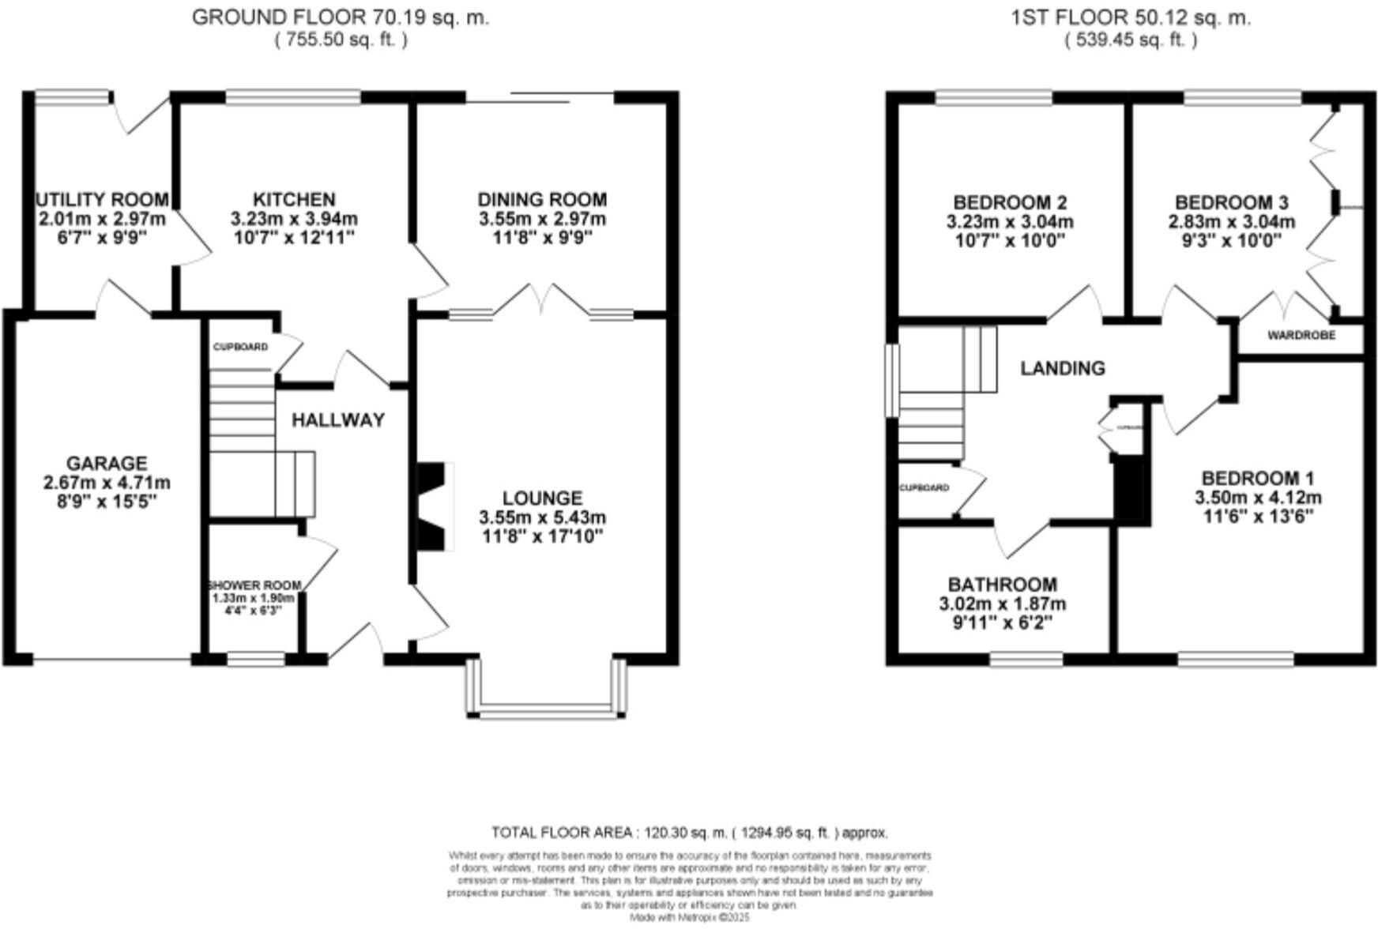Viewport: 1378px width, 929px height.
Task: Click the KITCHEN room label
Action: pos(293,200)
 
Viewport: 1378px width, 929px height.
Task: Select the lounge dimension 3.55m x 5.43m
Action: pos(542,518)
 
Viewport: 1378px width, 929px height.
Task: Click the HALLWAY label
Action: pos(338,420)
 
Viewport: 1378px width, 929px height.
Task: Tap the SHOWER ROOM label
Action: pos(254,585)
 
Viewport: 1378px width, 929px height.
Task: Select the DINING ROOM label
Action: pos(542,200)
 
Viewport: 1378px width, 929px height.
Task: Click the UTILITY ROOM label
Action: pos(102,200)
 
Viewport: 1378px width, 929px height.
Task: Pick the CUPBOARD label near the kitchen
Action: pos(240,347)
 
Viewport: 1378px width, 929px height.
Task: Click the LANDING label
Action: pos(1062,368)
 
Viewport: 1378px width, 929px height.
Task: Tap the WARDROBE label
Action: pos(1301,336)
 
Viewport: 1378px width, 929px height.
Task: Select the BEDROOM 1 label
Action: pos(1257,479)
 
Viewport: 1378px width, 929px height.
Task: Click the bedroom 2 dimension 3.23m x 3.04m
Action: pos(1010,222)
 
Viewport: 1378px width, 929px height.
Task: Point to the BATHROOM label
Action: pos(1002,585)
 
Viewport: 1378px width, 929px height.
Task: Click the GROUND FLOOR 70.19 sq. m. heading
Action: pos(341,17)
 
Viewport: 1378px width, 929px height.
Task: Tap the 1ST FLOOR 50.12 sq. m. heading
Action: pos(1131,17)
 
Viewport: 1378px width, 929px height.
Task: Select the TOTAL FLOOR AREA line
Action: pos(689,833)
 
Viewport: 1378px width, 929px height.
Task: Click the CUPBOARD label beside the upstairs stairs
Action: pos(924,488)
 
